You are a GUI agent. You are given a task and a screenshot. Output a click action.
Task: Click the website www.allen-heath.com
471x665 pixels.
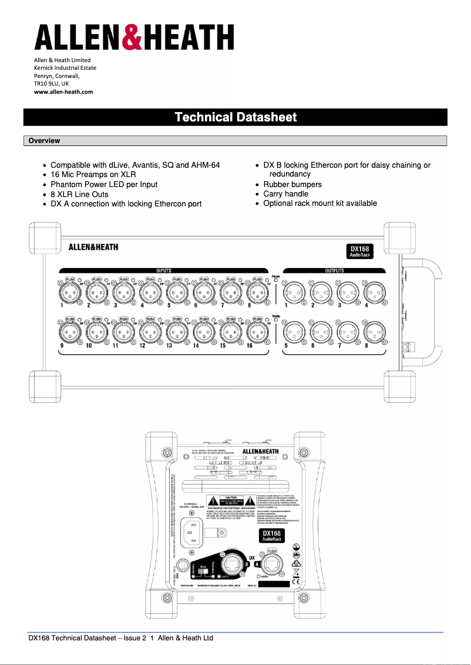63,91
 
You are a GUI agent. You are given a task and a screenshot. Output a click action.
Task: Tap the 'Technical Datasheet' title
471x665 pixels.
235,117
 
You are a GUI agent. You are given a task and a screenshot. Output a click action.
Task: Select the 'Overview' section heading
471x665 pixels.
44,141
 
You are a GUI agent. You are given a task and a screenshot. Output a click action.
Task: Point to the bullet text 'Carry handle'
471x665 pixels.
285,194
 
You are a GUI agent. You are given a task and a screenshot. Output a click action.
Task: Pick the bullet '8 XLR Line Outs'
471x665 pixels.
79,194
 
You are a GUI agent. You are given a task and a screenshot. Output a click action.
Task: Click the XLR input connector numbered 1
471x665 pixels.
70,290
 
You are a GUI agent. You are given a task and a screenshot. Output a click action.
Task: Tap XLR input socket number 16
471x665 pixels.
256,332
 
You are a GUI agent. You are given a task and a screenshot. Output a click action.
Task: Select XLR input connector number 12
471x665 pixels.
150,332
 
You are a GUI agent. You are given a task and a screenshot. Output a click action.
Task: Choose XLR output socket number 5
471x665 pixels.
294,333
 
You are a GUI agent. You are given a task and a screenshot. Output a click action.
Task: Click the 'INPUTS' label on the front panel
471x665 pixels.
163,271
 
